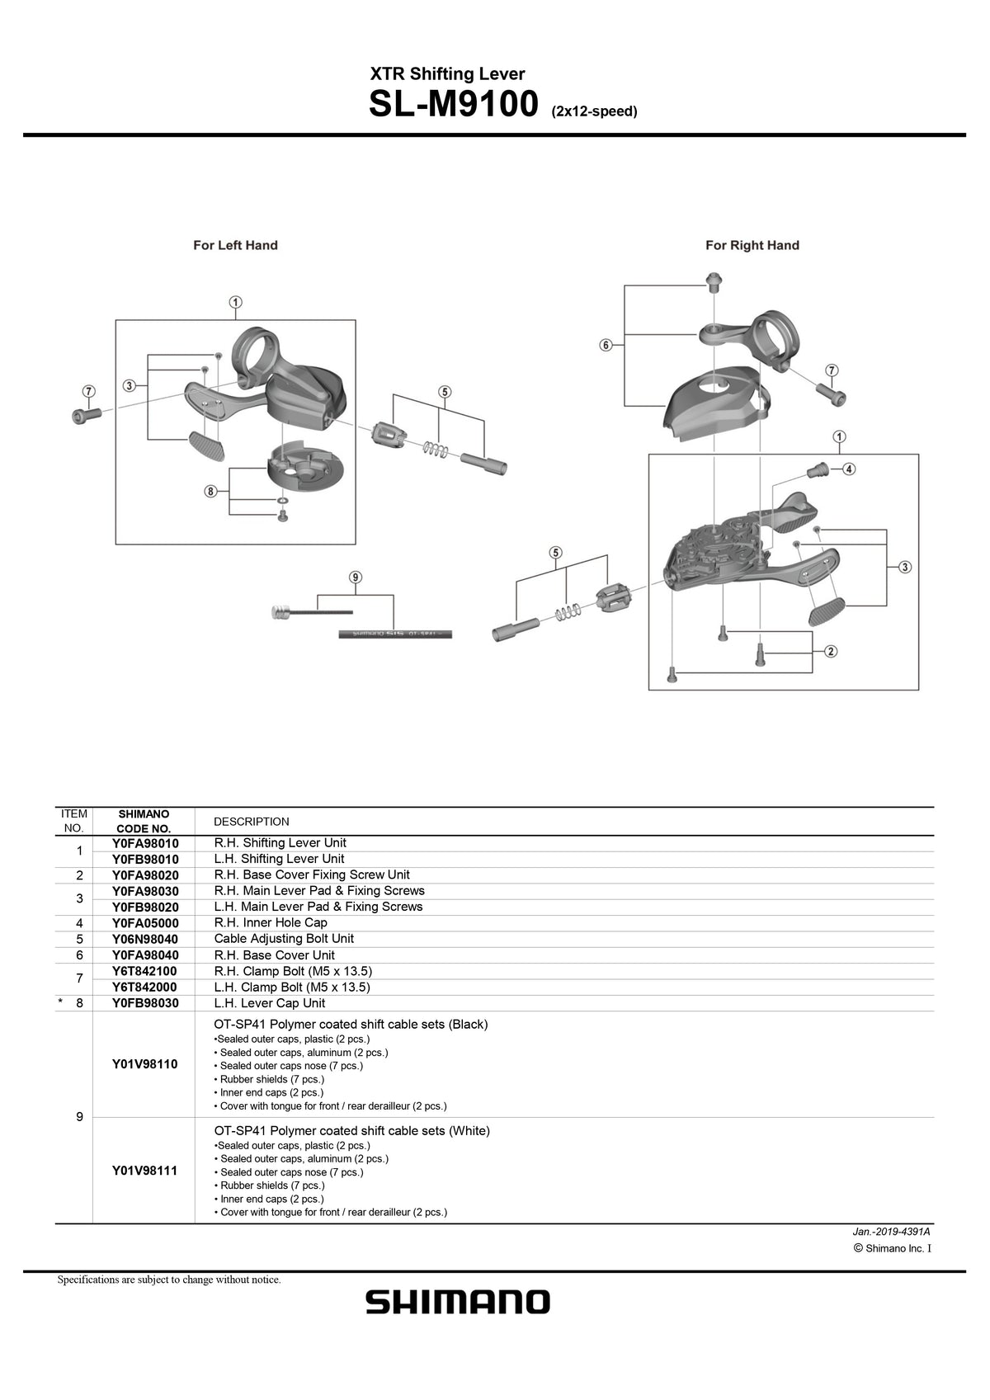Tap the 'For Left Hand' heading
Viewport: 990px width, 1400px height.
pos(235,245)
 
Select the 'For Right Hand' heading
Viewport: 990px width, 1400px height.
pos(752,245)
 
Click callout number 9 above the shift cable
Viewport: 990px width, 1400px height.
pos(356,577)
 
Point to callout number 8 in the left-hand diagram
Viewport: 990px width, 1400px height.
pos(211,492)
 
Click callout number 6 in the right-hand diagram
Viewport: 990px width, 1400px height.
pos(606,345)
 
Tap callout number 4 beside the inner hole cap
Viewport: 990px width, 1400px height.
pos(849,469)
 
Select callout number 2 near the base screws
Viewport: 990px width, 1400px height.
pos(831,652)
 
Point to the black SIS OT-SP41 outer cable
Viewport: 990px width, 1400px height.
pos(394,634)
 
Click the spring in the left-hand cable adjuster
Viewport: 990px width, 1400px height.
pos(436,449)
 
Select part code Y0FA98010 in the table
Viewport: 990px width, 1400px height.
pos(145,843)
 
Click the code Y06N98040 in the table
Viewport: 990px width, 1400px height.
pos(145,939)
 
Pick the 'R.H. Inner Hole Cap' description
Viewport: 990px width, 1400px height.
pos(271,922)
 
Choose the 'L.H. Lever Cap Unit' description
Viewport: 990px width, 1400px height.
pos(270,1003)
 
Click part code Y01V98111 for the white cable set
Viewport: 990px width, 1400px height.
pos(145,1171)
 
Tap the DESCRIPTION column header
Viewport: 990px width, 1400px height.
pos(252,822)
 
